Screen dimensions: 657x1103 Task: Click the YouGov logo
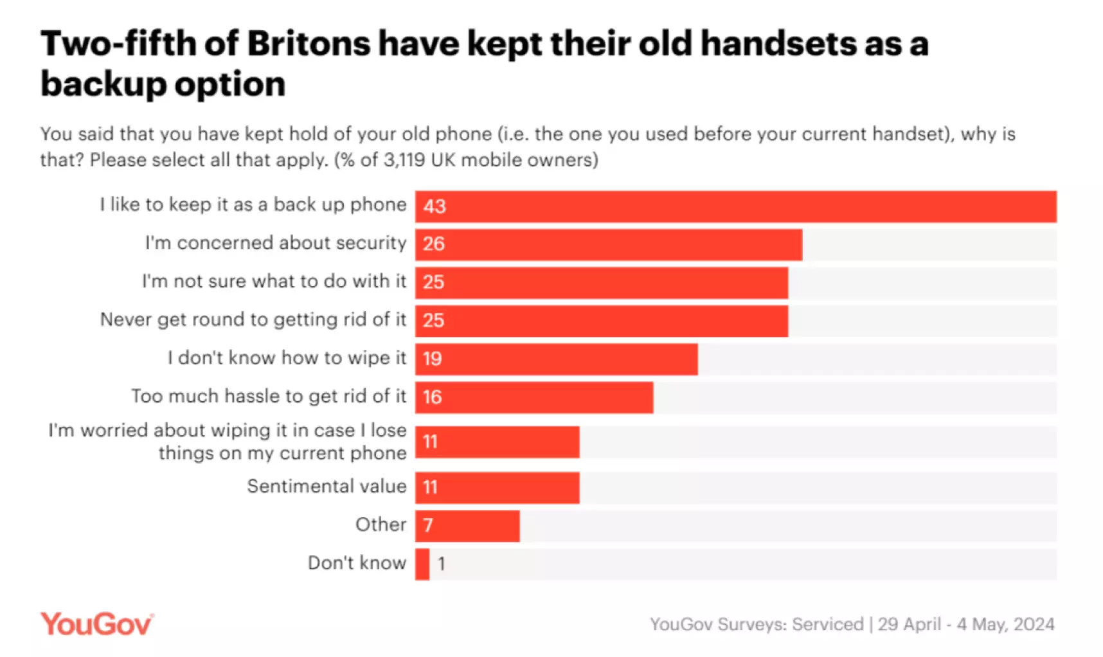(96, 624)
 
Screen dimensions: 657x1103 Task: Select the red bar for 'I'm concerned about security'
(608, 244)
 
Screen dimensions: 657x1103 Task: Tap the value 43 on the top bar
(435, 206)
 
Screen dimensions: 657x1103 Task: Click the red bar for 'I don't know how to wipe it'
(556, 359)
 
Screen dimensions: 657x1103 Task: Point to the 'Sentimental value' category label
(327, 486)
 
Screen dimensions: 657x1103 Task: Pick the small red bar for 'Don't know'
(422, 564)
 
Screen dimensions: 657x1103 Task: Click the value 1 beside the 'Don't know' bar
(442, 564)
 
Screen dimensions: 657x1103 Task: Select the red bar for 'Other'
(467, 526)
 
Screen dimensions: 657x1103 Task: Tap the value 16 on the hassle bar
(432, 397)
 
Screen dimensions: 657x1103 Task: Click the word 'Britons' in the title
(309, 44)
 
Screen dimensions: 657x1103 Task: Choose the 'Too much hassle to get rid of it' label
(269, 396)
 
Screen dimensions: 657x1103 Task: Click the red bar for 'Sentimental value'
(497, 487)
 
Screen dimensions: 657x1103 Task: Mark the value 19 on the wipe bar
(432, 359)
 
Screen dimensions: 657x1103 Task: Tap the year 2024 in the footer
(1034, 624)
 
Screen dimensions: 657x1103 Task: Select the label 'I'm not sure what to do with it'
(274, 281)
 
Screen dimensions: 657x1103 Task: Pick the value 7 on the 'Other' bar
(428, 526)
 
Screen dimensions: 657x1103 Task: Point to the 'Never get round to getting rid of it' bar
(601, 321)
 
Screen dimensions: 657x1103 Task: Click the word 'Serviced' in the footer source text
(827, 624)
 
